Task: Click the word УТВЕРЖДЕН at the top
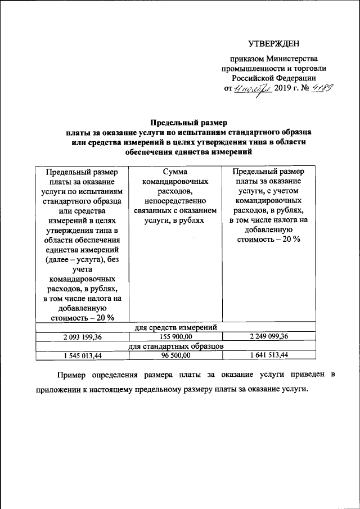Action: pos(274,44)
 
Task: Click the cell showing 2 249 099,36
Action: pos(269,336)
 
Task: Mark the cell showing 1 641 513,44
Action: pos(269,355)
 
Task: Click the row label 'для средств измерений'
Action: pos(176,327)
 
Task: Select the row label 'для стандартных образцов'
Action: pos(176,346)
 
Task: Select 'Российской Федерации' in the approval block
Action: pos(274,78)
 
